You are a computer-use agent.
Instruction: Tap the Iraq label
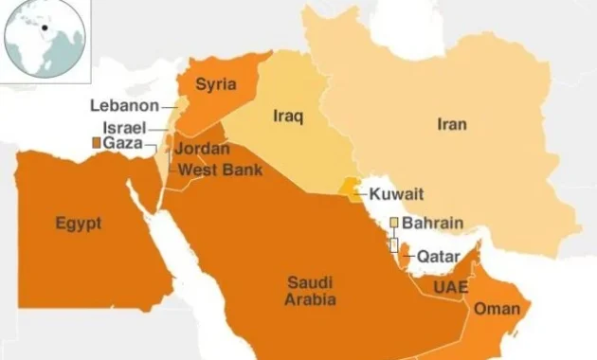coord(287,117)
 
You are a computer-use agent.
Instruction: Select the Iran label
coord(452,123)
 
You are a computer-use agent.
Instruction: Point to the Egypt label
coord(78,224)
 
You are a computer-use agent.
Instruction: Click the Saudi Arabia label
coord(310,290)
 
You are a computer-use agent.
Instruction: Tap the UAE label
coord(447,285)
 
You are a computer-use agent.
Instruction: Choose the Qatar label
coord(438,257)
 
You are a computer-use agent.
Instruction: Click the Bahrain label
coord(432,224)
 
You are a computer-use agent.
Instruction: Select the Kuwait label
coord(396,194)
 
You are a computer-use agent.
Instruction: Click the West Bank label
coord(215,170)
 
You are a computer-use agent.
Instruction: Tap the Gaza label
coord(123,142)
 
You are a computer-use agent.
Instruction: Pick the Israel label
coord(124,126)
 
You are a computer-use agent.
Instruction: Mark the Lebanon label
coord(124,105)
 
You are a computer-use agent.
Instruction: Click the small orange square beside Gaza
coord(95,142)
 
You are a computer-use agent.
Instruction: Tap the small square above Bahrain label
coord(394,223)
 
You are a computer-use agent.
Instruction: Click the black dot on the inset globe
coord(44,27)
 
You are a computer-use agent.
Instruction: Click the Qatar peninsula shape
coord(405,252)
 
